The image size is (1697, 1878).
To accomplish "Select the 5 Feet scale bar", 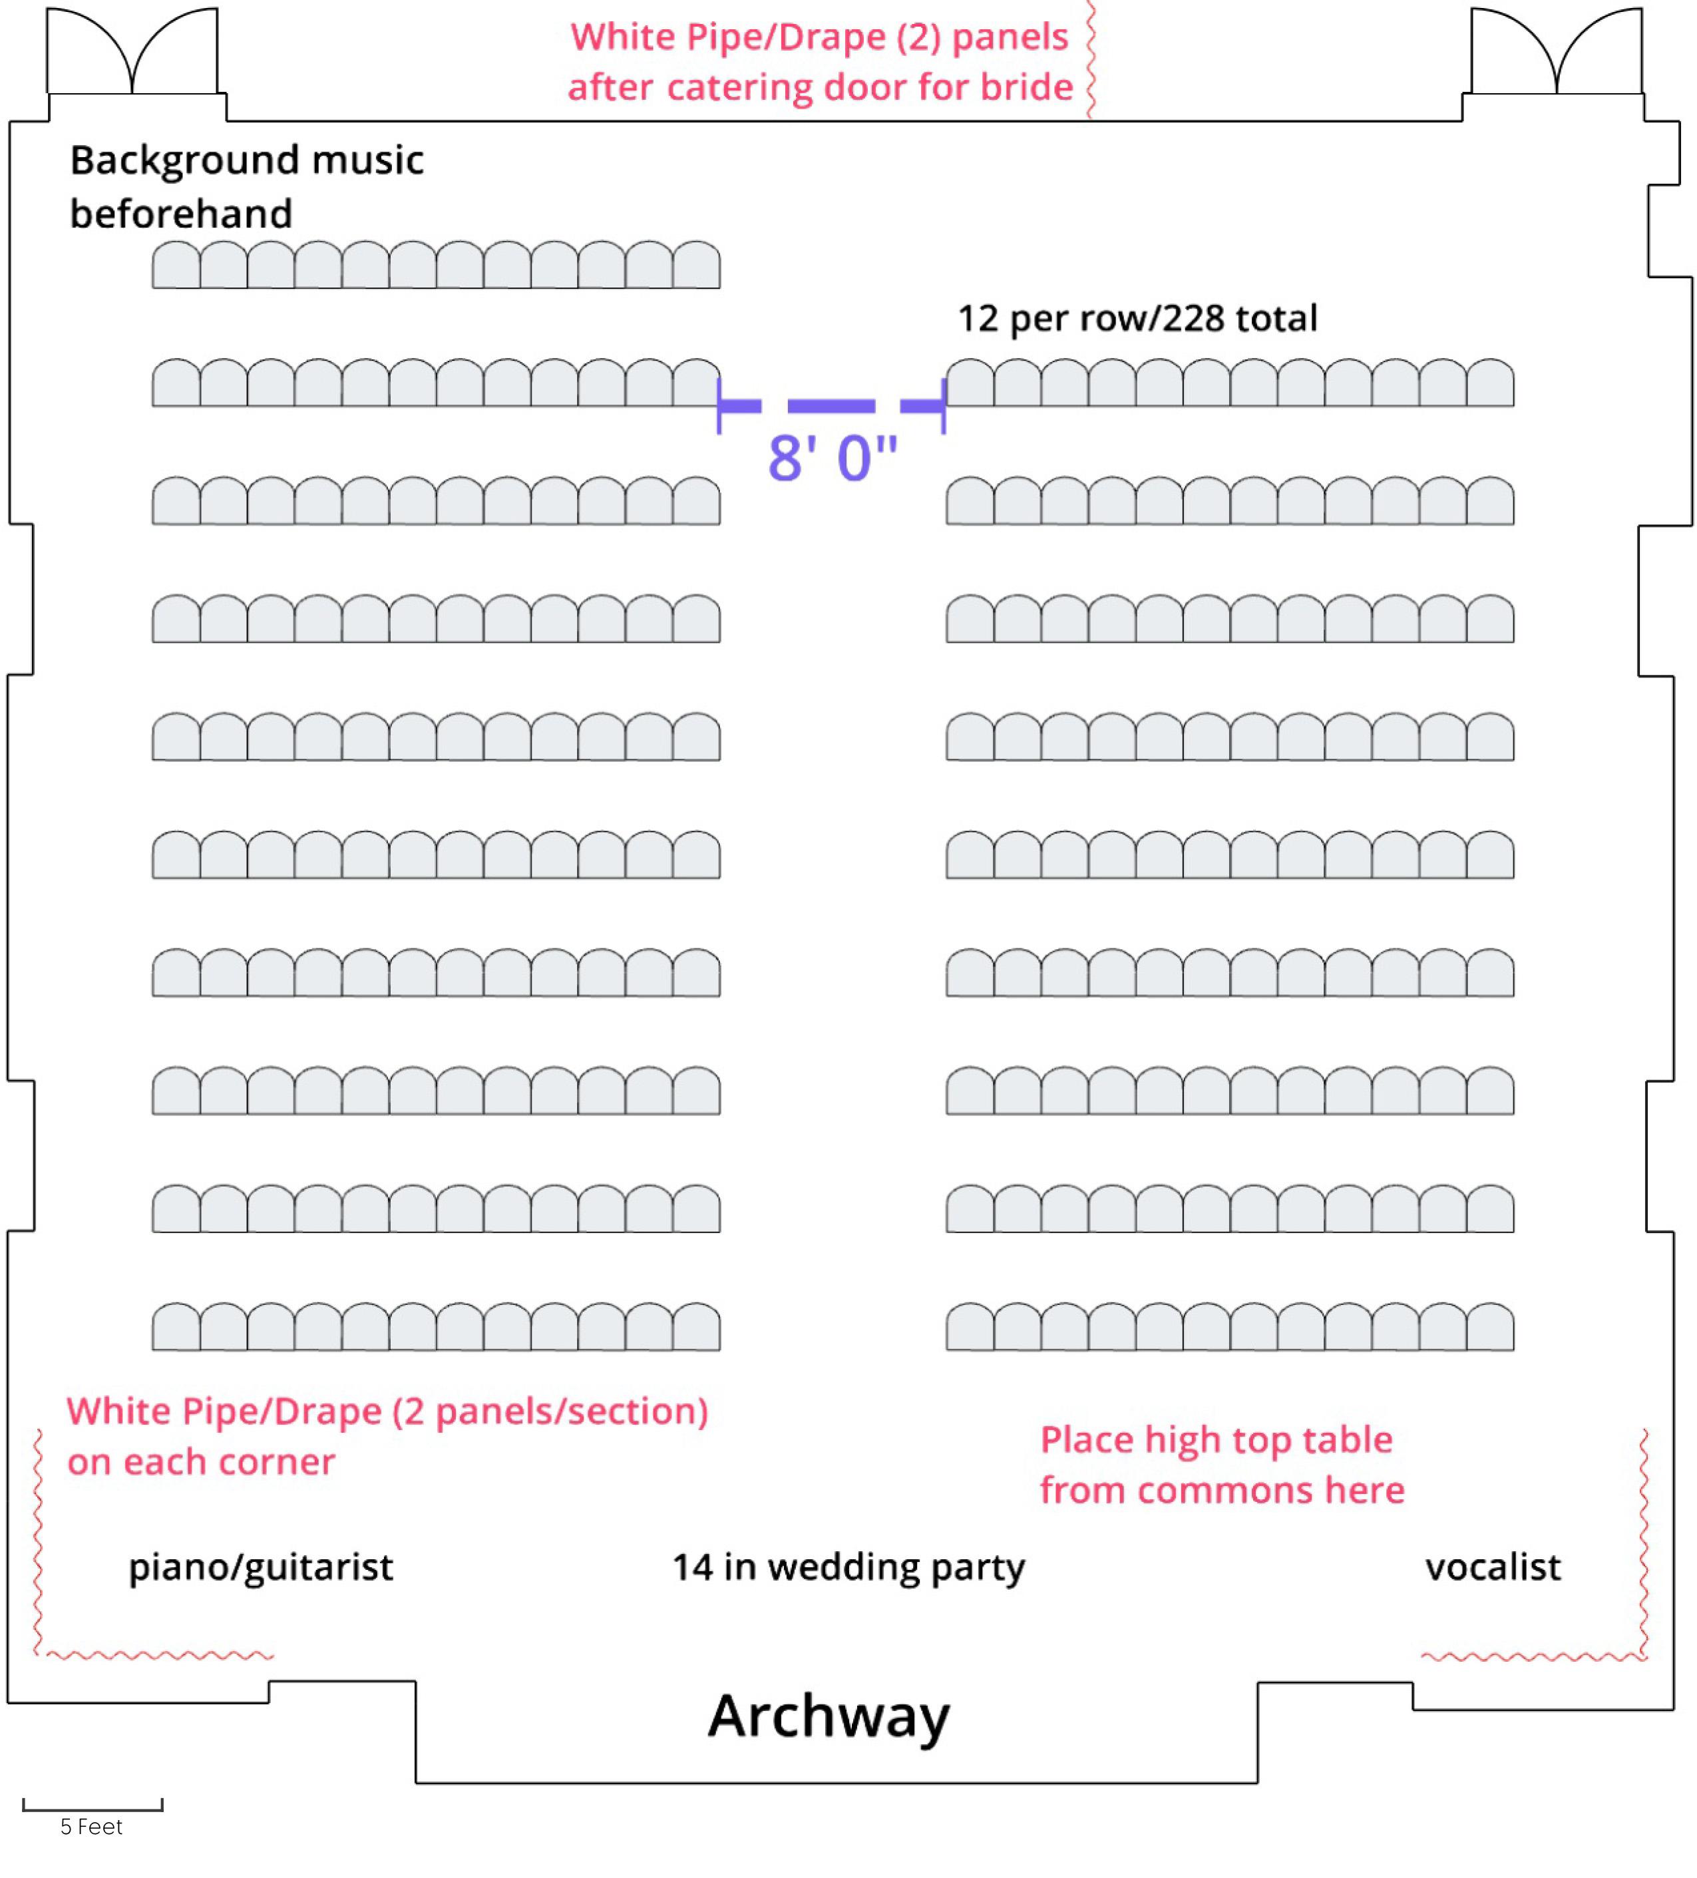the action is pyautogui.click(x=93, y=1805).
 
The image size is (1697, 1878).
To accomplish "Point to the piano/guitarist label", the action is pyautogui.click(x=261, y=1569).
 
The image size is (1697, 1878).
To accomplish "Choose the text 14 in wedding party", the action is pyautogui.click(x=848, y=1569).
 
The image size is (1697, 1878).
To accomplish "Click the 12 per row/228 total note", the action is pyautogui.click(x=1137, y=319).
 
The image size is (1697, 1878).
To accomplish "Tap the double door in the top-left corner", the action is pyautogui.click(x=132, y=51).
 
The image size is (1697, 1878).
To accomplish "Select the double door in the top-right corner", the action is pyautogui.click(x=1557, y=51).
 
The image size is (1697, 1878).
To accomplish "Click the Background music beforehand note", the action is pyautogui.click(x=247, y=186).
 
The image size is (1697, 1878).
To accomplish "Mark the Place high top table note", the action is pyautogui.click(x=1221, y=1465).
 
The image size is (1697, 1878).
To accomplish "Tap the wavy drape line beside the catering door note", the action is pyautogui.click(x=1091, y=59).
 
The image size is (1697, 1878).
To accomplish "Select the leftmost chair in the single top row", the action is pyautogui.click(x=176, y=265).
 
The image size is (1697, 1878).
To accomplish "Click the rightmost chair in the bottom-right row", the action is pyautogui.click(x=1490, y=1326).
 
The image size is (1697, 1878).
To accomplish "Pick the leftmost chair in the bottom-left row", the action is pyautogui.click(x=176, y=1326).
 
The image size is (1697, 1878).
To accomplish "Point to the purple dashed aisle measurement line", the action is pyautogui.click(x=832, y=406).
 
